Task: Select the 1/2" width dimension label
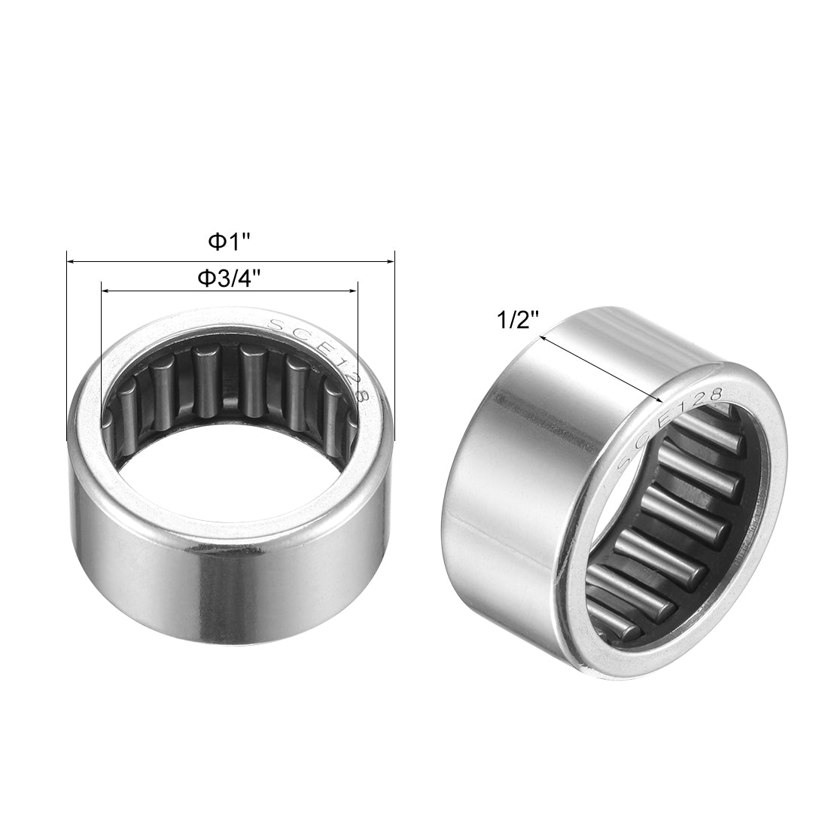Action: coord(519,322)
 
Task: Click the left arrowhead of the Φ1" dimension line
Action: coord(70,261)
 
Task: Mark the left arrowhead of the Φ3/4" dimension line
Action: coord(105,290)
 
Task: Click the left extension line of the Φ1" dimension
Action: coord(67,339)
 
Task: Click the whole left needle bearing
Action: coord(230,482)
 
